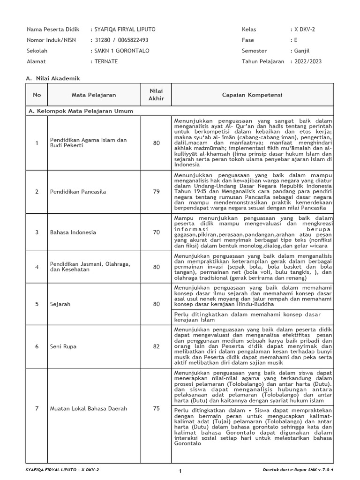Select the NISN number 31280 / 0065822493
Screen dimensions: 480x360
(121, 40)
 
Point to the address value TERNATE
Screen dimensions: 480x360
(106, 61)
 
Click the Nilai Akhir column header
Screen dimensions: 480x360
(156, 94)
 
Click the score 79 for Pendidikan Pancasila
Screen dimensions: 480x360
(156, 191)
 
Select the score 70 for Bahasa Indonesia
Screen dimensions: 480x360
(156, 232)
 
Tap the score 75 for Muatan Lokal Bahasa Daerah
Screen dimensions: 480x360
(156, 408)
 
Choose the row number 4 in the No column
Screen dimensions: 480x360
(37, 267)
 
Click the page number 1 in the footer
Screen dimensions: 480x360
(180, 470)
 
